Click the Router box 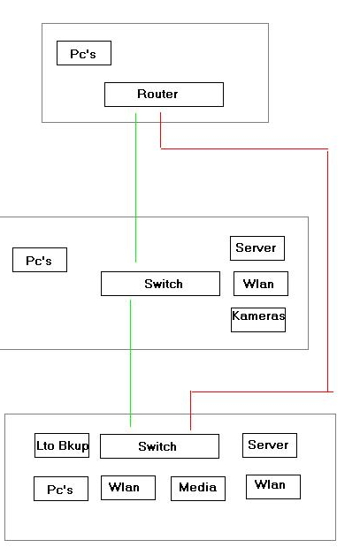point(164,95)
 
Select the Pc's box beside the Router point(84,53)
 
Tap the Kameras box point(258,320)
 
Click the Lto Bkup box point(62,445)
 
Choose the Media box point(198,489)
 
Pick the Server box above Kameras point(257,248)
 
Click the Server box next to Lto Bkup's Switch point(270,445)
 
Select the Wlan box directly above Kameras point(261,284)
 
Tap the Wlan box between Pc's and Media point(128,488)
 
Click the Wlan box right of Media point(273,487)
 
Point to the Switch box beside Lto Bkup point(160,446)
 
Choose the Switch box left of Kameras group point(160,284)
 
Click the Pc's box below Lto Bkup point(61,489)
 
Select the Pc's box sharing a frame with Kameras point(40,260)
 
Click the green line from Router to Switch point(135,187)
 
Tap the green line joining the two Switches point(130,363)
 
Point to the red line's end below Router point(160,113)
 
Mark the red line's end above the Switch point(191,430)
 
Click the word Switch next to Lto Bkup point(157,446)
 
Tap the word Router point(157,95)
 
